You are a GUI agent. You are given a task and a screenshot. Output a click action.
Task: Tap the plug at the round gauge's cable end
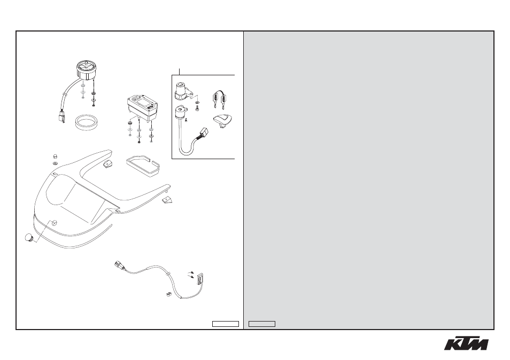[x=61, y=117]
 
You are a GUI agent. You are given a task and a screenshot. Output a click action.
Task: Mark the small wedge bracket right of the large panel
[x=167, y=199]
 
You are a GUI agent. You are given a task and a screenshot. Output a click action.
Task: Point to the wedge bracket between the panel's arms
[x=107, y=163]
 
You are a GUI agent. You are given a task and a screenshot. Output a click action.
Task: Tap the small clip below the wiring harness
[x=168, y=294]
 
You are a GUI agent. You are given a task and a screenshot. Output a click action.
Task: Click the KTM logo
[x=466, y=344]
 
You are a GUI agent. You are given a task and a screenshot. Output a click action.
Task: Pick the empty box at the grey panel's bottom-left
[x=262, y=324]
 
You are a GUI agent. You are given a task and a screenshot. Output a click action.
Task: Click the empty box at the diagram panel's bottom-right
[x=226, y=324]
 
